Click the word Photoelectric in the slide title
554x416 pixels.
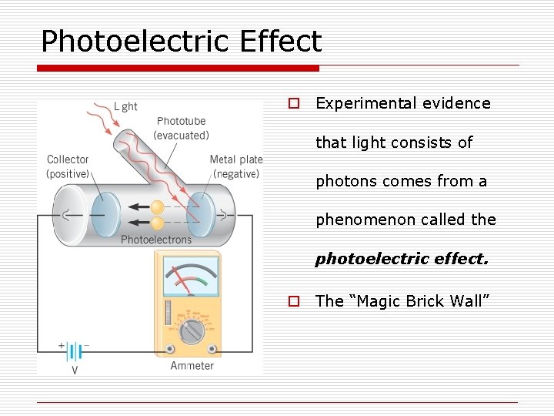(x=135, y=42)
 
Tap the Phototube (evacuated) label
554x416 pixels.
(x=181, y=128)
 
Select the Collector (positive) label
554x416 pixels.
(x=68, y=166)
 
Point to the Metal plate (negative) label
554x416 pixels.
(x=236, y=166)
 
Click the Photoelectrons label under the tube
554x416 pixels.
(x=156, y=240)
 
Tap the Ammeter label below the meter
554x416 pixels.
(x=192, y=365)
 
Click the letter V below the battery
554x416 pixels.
(x=75, y=370)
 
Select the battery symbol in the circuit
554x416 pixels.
(x=75, y=352)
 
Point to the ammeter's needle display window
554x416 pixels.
(x=189, y=276)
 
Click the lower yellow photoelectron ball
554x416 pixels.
(x=158, y=223)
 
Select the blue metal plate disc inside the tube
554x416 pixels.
(x=202, y=214)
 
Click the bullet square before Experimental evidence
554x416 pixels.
(x=293, y=103)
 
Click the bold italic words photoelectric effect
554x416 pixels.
(x=402, y=259)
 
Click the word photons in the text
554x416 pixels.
(x=344, y=182)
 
